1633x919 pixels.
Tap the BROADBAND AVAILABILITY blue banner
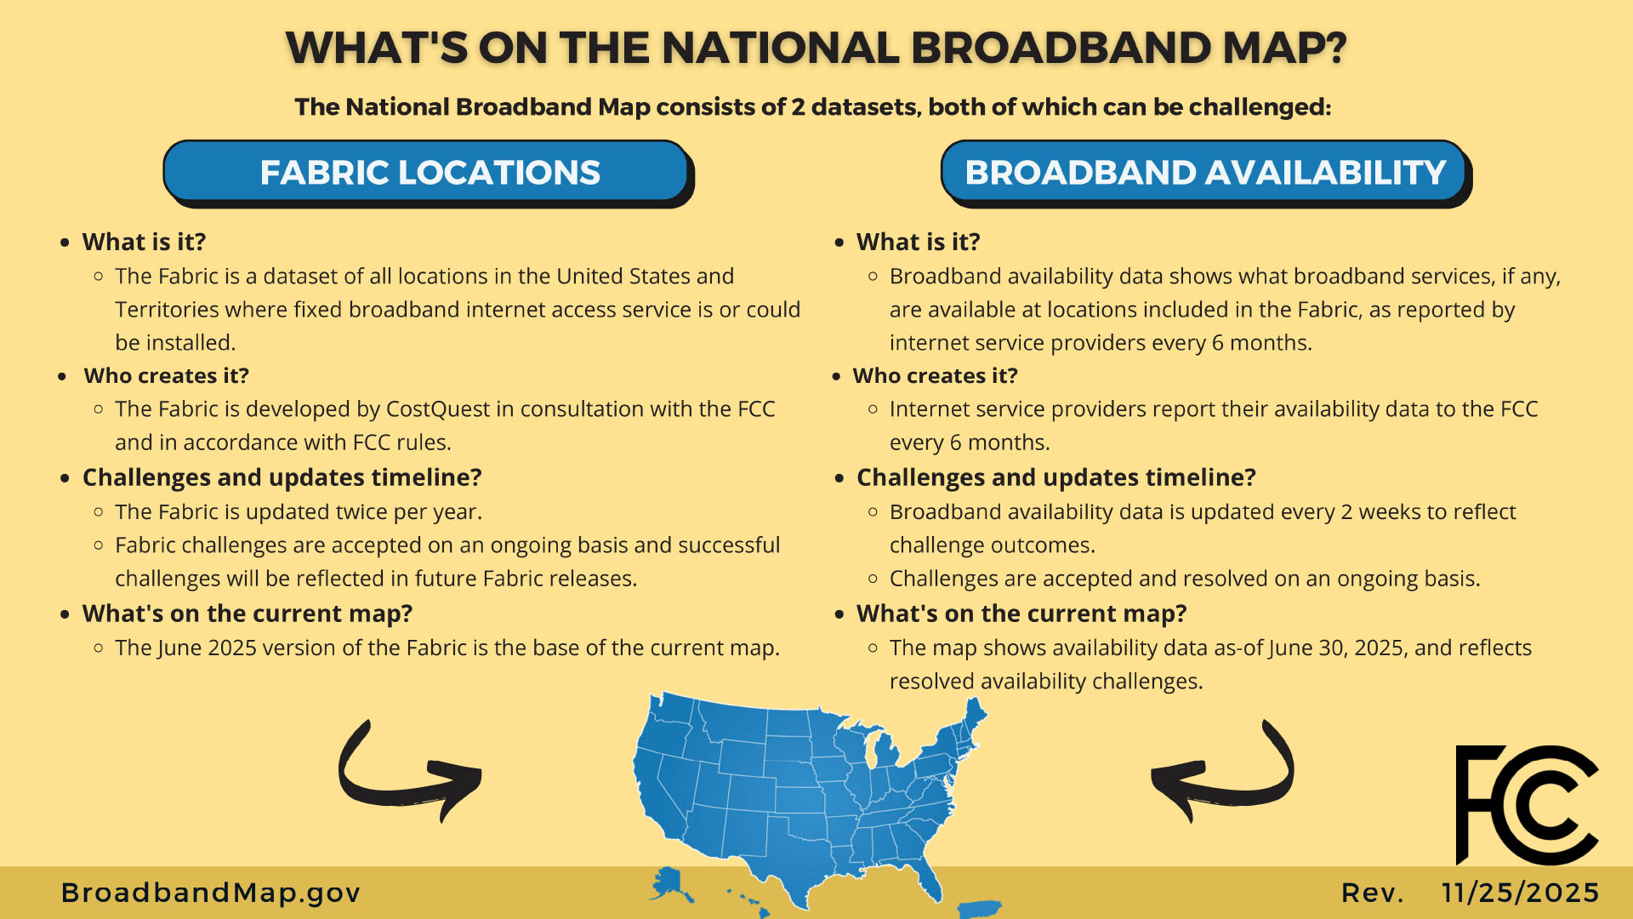[x=1204, y=172]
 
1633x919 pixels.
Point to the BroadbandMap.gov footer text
[x=211, y=893]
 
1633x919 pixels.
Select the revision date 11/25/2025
[x=1521, y=893]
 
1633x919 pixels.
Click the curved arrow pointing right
[x=408, y=772]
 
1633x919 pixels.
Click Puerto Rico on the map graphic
[x=980, y=909]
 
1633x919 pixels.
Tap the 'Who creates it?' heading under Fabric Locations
[x=166, y=376]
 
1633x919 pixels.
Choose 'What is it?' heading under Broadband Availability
[x=918, y=243]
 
